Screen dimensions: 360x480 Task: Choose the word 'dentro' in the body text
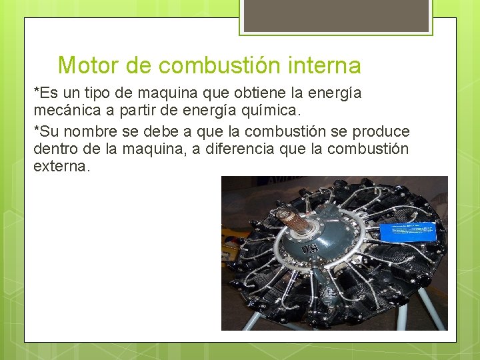pos(55,149)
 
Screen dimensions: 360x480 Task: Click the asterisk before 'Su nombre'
pos(36,129)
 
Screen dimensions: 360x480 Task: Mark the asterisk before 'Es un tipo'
pos(36,91)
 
